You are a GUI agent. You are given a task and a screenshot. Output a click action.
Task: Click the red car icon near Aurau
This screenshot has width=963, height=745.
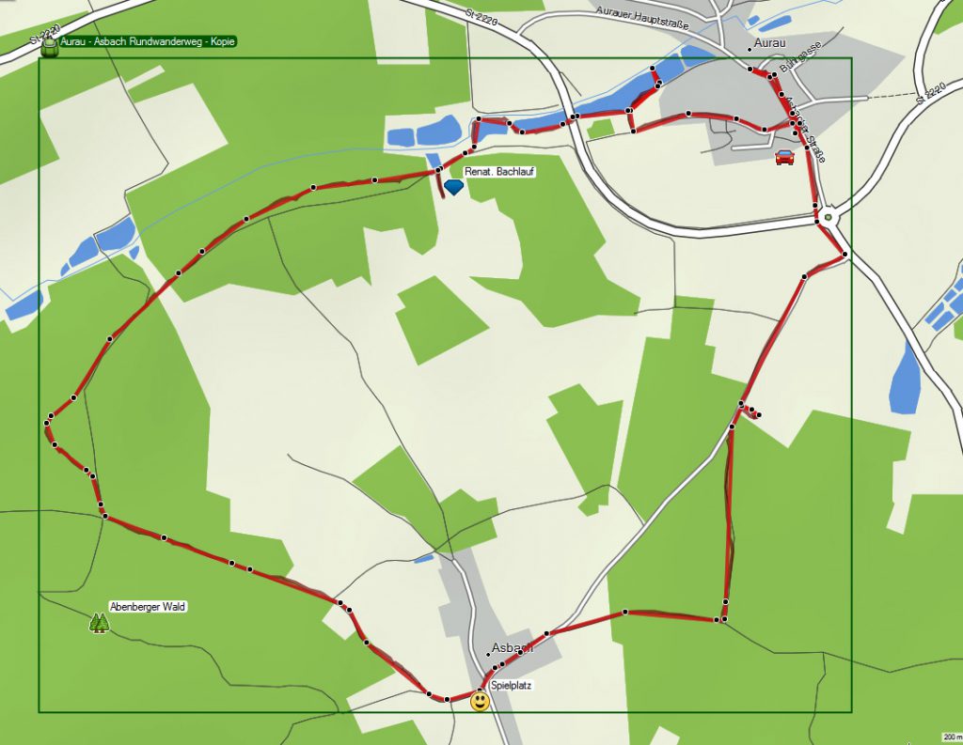(784, 157)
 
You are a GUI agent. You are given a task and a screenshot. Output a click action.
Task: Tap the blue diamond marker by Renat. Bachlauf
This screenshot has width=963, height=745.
(454, 188)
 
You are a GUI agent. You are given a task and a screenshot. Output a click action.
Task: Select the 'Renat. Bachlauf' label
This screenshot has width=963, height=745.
(498, 173)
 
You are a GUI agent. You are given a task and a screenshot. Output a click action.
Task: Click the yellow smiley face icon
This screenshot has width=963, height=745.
(481, 701)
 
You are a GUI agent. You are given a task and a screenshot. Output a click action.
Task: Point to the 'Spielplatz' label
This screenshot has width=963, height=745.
(511, 686)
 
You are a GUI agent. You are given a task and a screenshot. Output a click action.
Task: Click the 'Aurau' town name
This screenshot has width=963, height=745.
(770, 43)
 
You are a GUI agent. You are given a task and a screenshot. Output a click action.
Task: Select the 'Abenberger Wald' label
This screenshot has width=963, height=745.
(148, 607)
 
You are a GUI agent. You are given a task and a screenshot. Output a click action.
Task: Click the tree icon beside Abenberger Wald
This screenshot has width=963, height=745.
(98, 623)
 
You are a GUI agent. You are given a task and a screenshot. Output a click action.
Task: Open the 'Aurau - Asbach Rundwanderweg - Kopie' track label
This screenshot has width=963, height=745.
(147, 41)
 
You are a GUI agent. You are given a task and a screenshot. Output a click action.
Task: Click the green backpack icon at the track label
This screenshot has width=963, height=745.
(50, 47)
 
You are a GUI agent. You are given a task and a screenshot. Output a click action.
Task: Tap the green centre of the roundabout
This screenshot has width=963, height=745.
(828, 218)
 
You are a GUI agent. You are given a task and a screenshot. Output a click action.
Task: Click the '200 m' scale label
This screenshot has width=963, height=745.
(951, 737)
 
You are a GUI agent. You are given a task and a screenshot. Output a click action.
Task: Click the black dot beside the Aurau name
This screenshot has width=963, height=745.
(750, 48)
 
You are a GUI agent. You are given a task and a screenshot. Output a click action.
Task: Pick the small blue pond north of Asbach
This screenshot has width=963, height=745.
(424, 559)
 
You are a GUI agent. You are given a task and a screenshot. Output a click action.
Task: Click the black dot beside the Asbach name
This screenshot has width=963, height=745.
(488, 655)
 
